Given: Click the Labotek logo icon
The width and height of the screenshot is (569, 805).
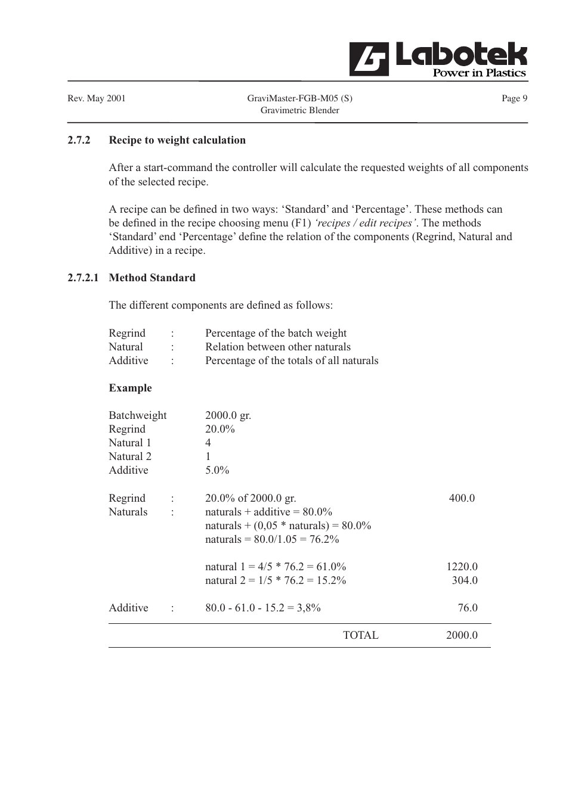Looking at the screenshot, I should pyautogui.click(x=369, y=59).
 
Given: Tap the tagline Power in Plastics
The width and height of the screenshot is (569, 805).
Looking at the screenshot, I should pyautogui.click(x=479, y=73).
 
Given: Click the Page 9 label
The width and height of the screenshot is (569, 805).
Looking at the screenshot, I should pyautogui.click(x=514, y=98).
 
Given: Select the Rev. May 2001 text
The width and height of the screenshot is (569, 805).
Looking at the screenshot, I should pyautogui.click(x=97, y=98).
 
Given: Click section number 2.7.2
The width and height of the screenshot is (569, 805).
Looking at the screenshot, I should pyautogui.click(x=79, y=140).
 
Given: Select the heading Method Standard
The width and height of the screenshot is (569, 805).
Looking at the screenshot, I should pyautogui.click(x=152, y=278).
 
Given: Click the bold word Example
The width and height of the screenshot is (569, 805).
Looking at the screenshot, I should pyautogui.click(x=130, y=388).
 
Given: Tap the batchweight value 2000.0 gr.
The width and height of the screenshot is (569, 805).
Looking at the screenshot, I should pyautogui.click(x=228, y=415).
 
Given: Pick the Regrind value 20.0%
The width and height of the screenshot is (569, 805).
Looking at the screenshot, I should pyautogui.click(x=219, y=429).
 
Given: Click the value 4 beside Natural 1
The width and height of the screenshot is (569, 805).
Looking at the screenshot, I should pyautogui.click(x=208, y=443).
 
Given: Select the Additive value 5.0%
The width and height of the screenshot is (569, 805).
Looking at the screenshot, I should pyautogui.click(x=217, y=470).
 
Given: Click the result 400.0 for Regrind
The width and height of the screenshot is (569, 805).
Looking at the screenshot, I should pyautogui.click(x=462, y=498).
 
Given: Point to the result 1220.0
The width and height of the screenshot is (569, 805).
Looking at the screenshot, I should pyautogui.click(x=462, y=567).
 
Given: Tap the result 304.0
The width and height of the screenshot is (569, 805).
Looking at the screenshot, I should pyautogui.click(x=464, y=580).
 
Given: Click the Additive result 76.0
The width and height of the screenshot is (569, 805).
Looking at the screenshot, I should pyautogui.click(x=468, y=608).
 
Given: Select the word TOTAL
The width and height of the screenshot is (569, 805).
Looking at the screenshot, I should pyautogui.click(x=360, y=635).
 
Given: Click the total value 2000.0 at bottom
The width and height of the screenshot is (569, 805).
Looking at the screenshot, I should pyautogui.click(x=462, y=635).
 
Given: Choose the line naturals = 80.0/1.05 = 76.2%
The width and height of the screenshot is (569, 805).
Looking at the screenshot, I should pyautogui.click(x=272, y=539).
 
